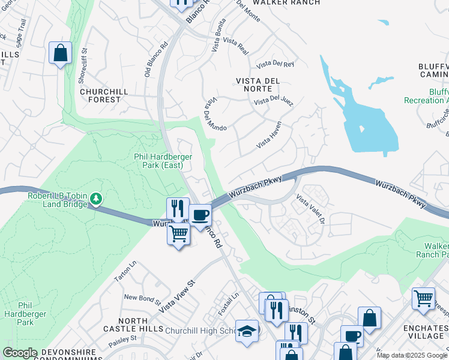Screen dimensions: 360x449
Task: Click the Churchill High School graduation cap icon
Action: [247, 331]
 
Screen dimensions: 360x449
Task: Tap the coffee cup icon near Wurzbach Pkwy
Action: [200, 214]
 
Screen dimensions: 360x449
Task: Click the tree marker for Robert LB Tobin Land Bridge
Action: [96, 198]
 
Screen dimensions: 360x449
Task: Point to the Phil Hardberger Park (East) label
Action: [163, 161]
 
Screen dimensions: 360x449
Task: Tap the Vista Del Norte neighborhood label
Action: [258, 85]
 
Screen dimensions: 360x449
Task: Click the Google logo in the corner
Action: [20, 353]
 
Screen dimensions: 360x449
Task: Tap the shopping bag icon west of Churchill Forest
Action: [61, 52]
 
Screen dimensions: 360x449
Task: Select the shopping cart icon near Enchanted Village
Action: [423, 298]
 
